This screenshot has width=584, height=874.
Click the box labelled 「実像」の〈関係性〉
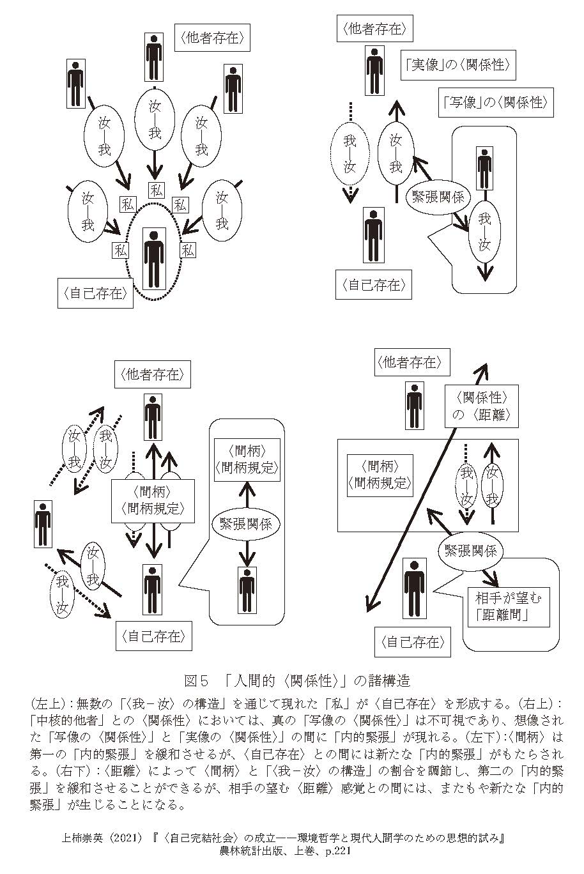pos(457,65)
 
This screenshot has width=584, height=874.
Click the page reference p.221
pos(334,852)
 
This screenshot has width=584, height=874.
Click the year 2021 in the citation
pos(123,838)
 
